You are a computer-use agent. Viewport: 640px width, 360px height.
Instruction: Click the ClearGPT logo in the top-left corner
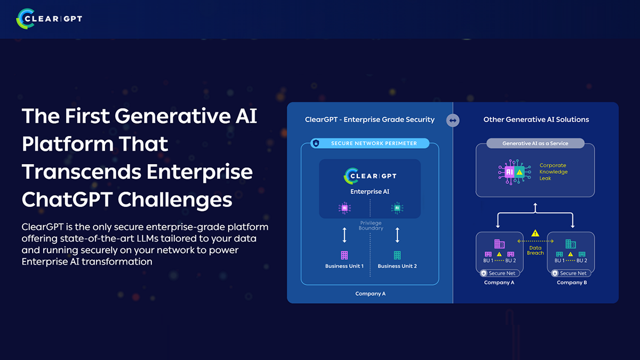[x=49, y=19]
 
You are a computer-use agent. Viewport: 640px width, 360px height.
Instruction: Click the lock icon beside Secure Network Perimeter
[x=316, y=143]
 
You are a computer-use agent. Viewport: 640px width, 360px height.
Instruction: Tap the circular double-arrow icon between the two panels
[x=453, y=121]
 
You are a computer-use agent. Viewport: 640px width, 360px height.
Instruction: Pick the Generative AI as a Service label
[x=535, y=143]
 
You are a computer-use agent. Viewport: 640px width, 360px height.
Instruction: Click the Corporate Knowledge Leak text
[x=553, y=172]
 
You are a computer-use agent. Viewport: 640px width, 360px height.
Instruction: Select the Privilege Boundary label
[x=371, y=226]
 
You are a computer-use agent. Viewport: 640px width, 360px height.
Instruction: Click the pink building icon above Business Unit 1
[x=344, y=255]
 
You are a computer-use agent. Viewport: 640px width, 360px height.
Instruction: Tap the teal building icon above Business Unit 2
[x=397, y=255]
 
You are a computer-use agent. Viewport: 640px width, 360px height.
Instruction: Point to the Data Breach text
[x=535, y=250]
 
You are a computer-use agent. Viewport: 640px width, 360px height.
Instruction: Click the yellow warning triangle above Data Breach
[x=535, y=234]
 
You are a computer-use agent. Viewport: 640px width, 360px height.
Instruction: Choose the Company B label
[x=572, y=283]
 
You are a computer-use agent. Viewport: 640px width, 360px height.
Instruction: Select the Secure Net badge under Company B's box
[x=572, y=273]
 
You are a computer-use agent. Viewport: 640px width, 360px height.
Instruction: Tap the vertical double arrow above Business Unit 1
[x=345, y=235]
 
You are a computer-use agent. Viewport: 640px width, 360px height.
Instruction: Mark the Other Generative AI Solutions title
[x=536, y=119]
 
